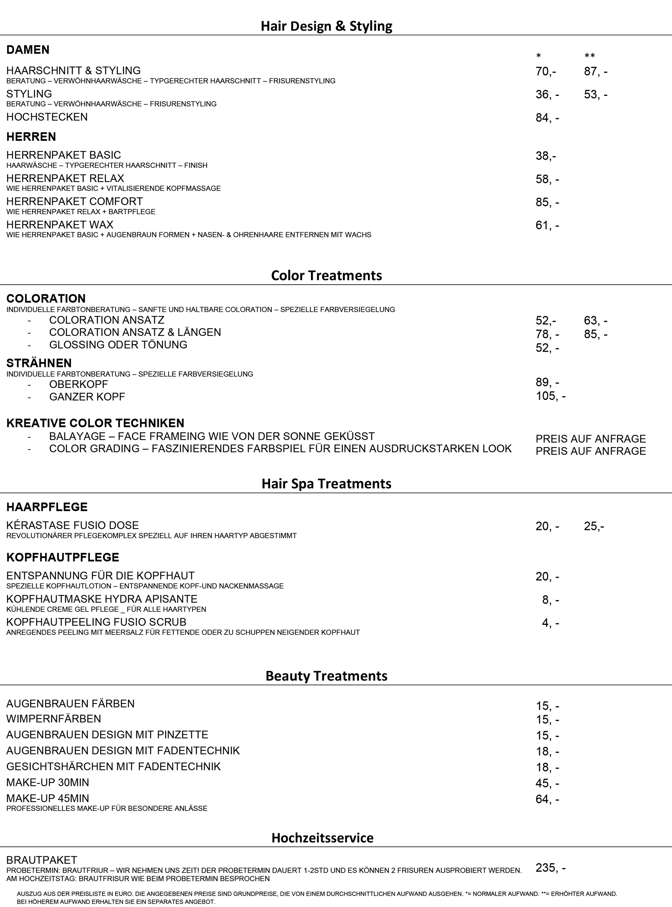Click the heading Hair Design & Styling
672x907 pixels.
pyautogui.click(x=326, y=26)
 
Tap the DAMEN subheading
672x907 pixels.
pyautogui.click(x=28, y=50)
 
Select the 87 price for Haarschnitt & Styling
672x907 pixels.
pyautogui.click(x=595, y=72)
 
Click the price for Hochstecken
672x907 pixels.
pyautogui.click(x=547, y=118)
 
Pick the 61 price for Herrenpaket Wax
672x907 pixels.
pyautogui.click(x=547, y=225)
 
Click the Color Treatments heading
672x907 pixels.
pyautogui.click(x=326, y=275)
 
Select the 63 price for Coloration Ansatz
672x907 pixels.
pyautogui.click(x=595, y=320)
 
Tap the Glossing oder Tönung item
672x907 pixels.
pyautogui.click(x=118, y=345)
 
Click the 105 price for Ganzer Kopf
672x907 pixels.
pyautogui.click(x=550, y=396)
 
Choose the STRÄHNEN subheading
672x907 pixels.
pyautogui.click(x=39, y=363)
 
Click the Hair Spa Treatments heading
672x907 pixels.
pyautogui.click(x=326, y=484)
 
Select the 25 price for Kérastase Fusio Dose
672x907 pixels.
pyautogui.click(x=594, y=526)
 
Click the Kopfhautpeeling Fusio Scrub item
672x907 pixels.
pyautogui.click(x=96, y=622)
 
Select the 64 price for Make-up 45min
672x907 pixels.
pyautogui.click(x=547, y=799)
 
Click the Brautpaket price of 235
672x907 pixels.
pyautogui.click(x=550, y=868)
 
